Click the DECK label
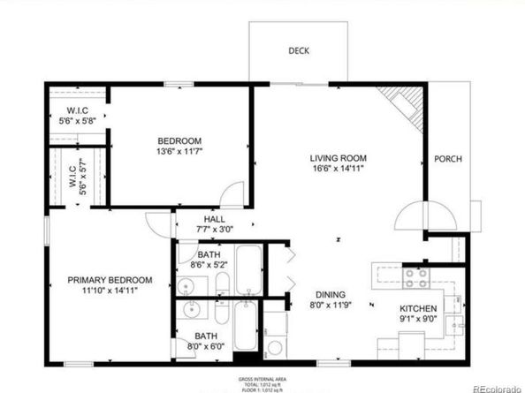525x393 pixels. tap(298, 50)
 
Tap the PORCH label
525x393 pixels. tap(447, 159)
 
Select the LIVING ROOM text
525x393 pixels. tap(338, 156)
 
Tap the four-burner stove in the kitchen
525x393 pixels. tap(415, 278)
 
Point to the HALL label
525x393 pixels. tap(214, 219)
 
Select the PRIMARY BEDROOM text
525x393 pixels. tap(110, 280)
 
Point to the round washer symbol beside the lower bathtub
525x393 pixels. tap(276, 347)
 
